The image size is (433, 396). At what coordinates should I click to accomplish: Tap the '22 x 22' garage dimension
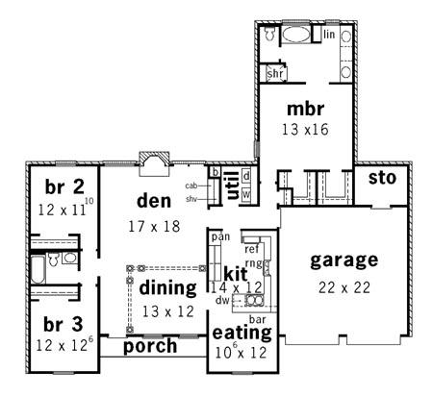coord(344,287)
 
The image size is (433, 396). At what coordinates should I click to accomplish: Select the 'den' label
coord(154,201)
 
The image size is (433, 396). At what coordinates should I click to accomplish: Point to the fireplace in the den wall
coord(154,163)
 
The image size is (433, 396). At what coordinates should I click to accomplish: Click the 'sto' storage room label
coord(382,178)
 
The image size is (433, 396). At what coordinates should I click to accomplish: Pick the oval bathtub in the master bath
coord(296,34)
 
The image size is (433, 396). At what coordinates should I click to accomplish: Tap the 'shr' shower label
coord(275,73)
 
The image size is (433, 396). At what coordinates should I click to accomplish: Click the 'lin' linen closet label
coord(329,34)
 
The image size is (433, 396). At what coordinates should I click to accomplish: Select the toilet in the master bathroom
coord(269,33)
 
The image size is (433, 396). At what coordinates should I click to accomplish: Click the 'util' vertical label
coord(233,185)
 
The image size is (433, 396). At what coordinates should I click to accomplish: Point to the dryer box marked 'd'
coord(246,176)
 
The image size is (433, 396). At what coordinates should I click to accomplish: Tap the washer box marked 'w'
coord(246,194)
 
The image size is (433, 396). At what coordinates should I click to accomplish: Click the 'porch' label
coord(150,346)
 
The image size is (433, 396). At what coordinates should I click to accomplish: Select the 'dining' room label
coord(167,287)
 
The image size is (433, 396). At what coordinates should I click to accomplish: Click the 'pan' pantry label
coord(220,237)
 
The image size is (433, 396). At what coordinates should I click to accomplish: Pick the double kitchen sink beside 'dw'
coord(255,301)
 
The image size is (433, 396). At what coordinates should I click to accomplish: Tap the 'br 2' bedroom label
coord(64,186)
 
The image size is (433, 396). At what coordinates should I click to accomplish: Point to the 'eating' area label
coord(242,333)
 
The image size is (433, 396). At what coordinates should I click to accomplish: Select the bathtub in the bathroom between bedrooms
coord(38,269)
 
